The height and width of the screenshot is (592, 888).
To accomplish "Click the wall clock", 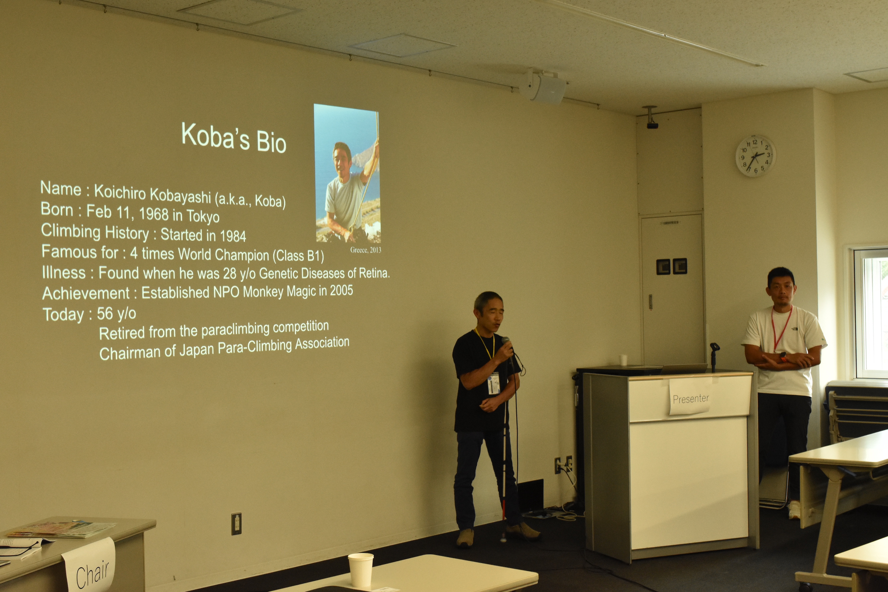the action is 755,156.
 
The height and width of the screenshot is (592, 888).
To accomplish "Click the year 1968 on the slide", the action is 154,214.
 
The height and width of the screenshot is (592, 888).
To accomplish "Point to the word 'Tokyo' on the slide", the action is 203,216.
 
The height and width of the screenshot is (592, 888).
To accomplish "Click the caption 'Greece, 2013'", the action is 365,250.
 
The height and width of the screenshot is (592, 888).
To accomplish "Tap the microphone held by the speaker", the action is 507,346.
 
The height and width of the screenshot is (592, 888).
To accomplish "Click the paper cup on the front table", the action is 361,570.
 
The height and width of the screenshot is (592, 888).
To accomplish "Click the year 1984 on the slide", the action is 233,236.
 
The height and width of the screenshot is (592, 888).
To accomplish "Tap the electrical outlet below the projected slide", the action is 236,524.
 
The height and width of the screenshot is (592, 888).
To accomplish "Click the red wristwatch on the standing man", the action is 783,356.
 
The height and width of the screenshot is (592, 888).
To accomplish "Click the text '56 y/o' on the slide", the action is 116,313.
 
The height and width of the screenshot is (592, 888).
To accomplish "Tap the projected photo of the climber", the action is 347,174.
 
